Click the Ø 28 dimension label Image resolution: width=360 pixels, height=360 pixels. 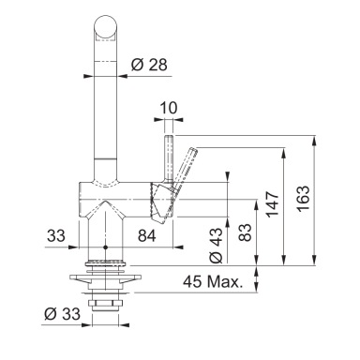tap(149, 65)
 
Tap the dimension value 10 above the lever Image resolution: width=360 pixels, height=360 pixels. tap(169, 108)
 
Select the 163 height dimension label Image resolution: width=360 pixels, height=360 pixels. tap(303, 199)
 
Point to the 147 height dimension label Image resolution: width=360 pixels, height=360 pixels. tap(273, 204)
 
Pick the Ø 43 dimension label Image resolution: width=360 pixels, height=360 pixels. tap(217, 246)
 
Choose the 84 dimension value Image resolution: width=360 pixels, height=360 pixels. tap(147, 236)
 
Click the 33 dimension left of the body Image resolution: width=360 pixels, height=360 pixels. tap(56, 236)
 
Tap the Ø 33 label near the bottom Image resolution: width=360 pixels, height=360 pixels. tap(63, 313)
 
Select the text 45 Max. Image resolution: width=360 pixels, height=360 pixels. tap(213, 281)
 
